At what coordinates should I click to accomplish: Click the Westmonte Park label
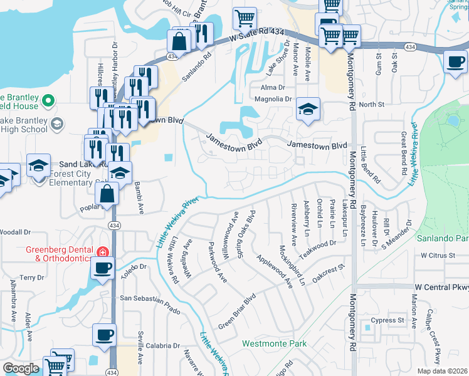pos(275,343)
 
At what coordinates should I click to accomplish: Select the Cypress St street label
pos(387,320)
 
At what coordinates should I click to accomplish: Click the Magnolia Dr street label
pos(273,99)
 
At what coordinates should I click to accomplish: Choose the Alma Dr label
pos(273,88)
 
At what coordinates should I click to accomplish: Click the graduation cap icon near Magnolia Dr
pos(308,110)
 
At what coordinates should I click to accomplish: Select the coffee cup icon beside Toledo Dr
pos(102,269)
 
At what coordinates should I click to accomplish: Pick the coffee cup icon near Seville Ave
pos(105,335)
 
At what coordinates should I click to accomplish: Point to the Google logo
pos(21,368)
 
